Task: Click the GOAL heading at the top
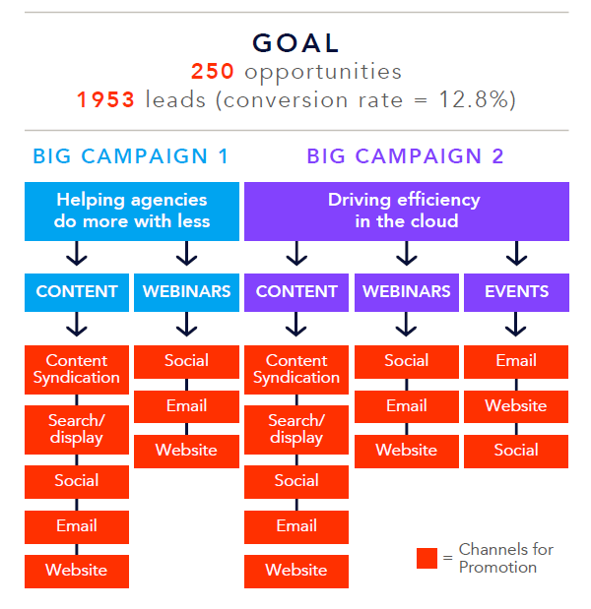coord(295,42)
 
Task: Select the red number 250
coord(213,71)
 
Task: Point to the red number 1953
coord(105,99)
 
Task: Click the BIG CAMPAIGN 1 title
coord(131,156)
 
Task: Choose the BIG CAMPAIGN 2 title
coord(406,156)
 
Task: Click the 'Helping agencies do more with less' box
coord(132,212)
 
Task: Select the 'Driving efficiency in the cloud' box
coord(407,212)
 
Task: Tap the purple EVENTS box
coord(516,292)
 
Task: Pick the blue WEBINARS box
coord(186,292)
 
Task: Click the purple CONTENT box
coord(296,292)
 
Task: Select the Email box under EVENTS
coord(516,362)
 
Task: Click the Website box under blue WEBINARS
coord(186,452)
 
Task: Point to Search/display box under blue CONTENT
coord(77,430)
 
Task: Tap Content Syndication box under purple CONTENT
coord(296,370)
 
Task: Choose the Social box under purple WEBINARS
coord(406,362)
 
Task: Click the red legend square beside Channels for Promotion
coord(427,558)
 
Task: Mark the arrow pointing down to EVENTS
coord(516,253)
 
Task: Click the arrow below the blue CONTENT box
coord(77,324)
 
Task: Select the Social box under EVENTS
coord(516,452)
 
